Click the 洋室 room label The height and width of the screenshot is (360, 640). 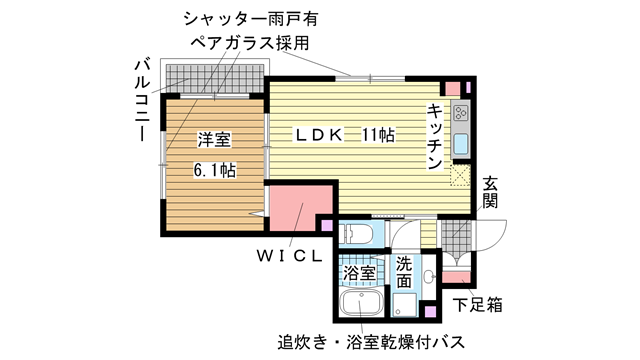point(214,139)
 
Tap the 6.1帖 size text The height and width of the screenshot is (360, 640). point(214,170)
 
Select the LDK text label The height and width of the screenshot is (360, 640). point(319,135)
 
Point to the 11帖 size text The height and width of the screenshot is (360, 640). point(378,135)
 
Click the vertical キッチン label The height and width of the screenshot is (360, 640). point(435,136)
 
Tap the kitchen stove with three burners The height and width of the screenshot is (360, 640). point(461,113)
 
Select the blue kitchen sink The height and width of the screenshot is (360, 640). point(461,144)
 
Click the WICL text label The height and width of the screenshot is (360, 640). point(289,256)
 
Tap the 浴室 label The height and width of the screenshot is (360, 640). point(359,273)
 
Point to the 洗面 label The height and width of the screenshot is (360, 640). point(404,272)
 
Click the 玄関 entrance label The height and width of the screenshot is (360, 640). point(490,192)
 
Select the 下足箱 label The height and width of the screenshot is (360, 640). point(478,304)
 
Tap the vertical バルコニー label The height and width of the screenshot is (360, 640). point(142,100)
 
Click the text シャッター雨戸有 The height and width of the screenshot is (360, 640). point(251,19)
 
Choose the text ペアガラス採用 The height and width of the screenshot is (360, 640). point(250,43)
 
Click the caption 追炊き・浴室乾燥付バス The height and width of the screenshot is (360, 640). point(371,342)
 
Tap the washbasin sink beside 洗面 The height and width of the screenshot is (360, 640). point(428,277)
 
